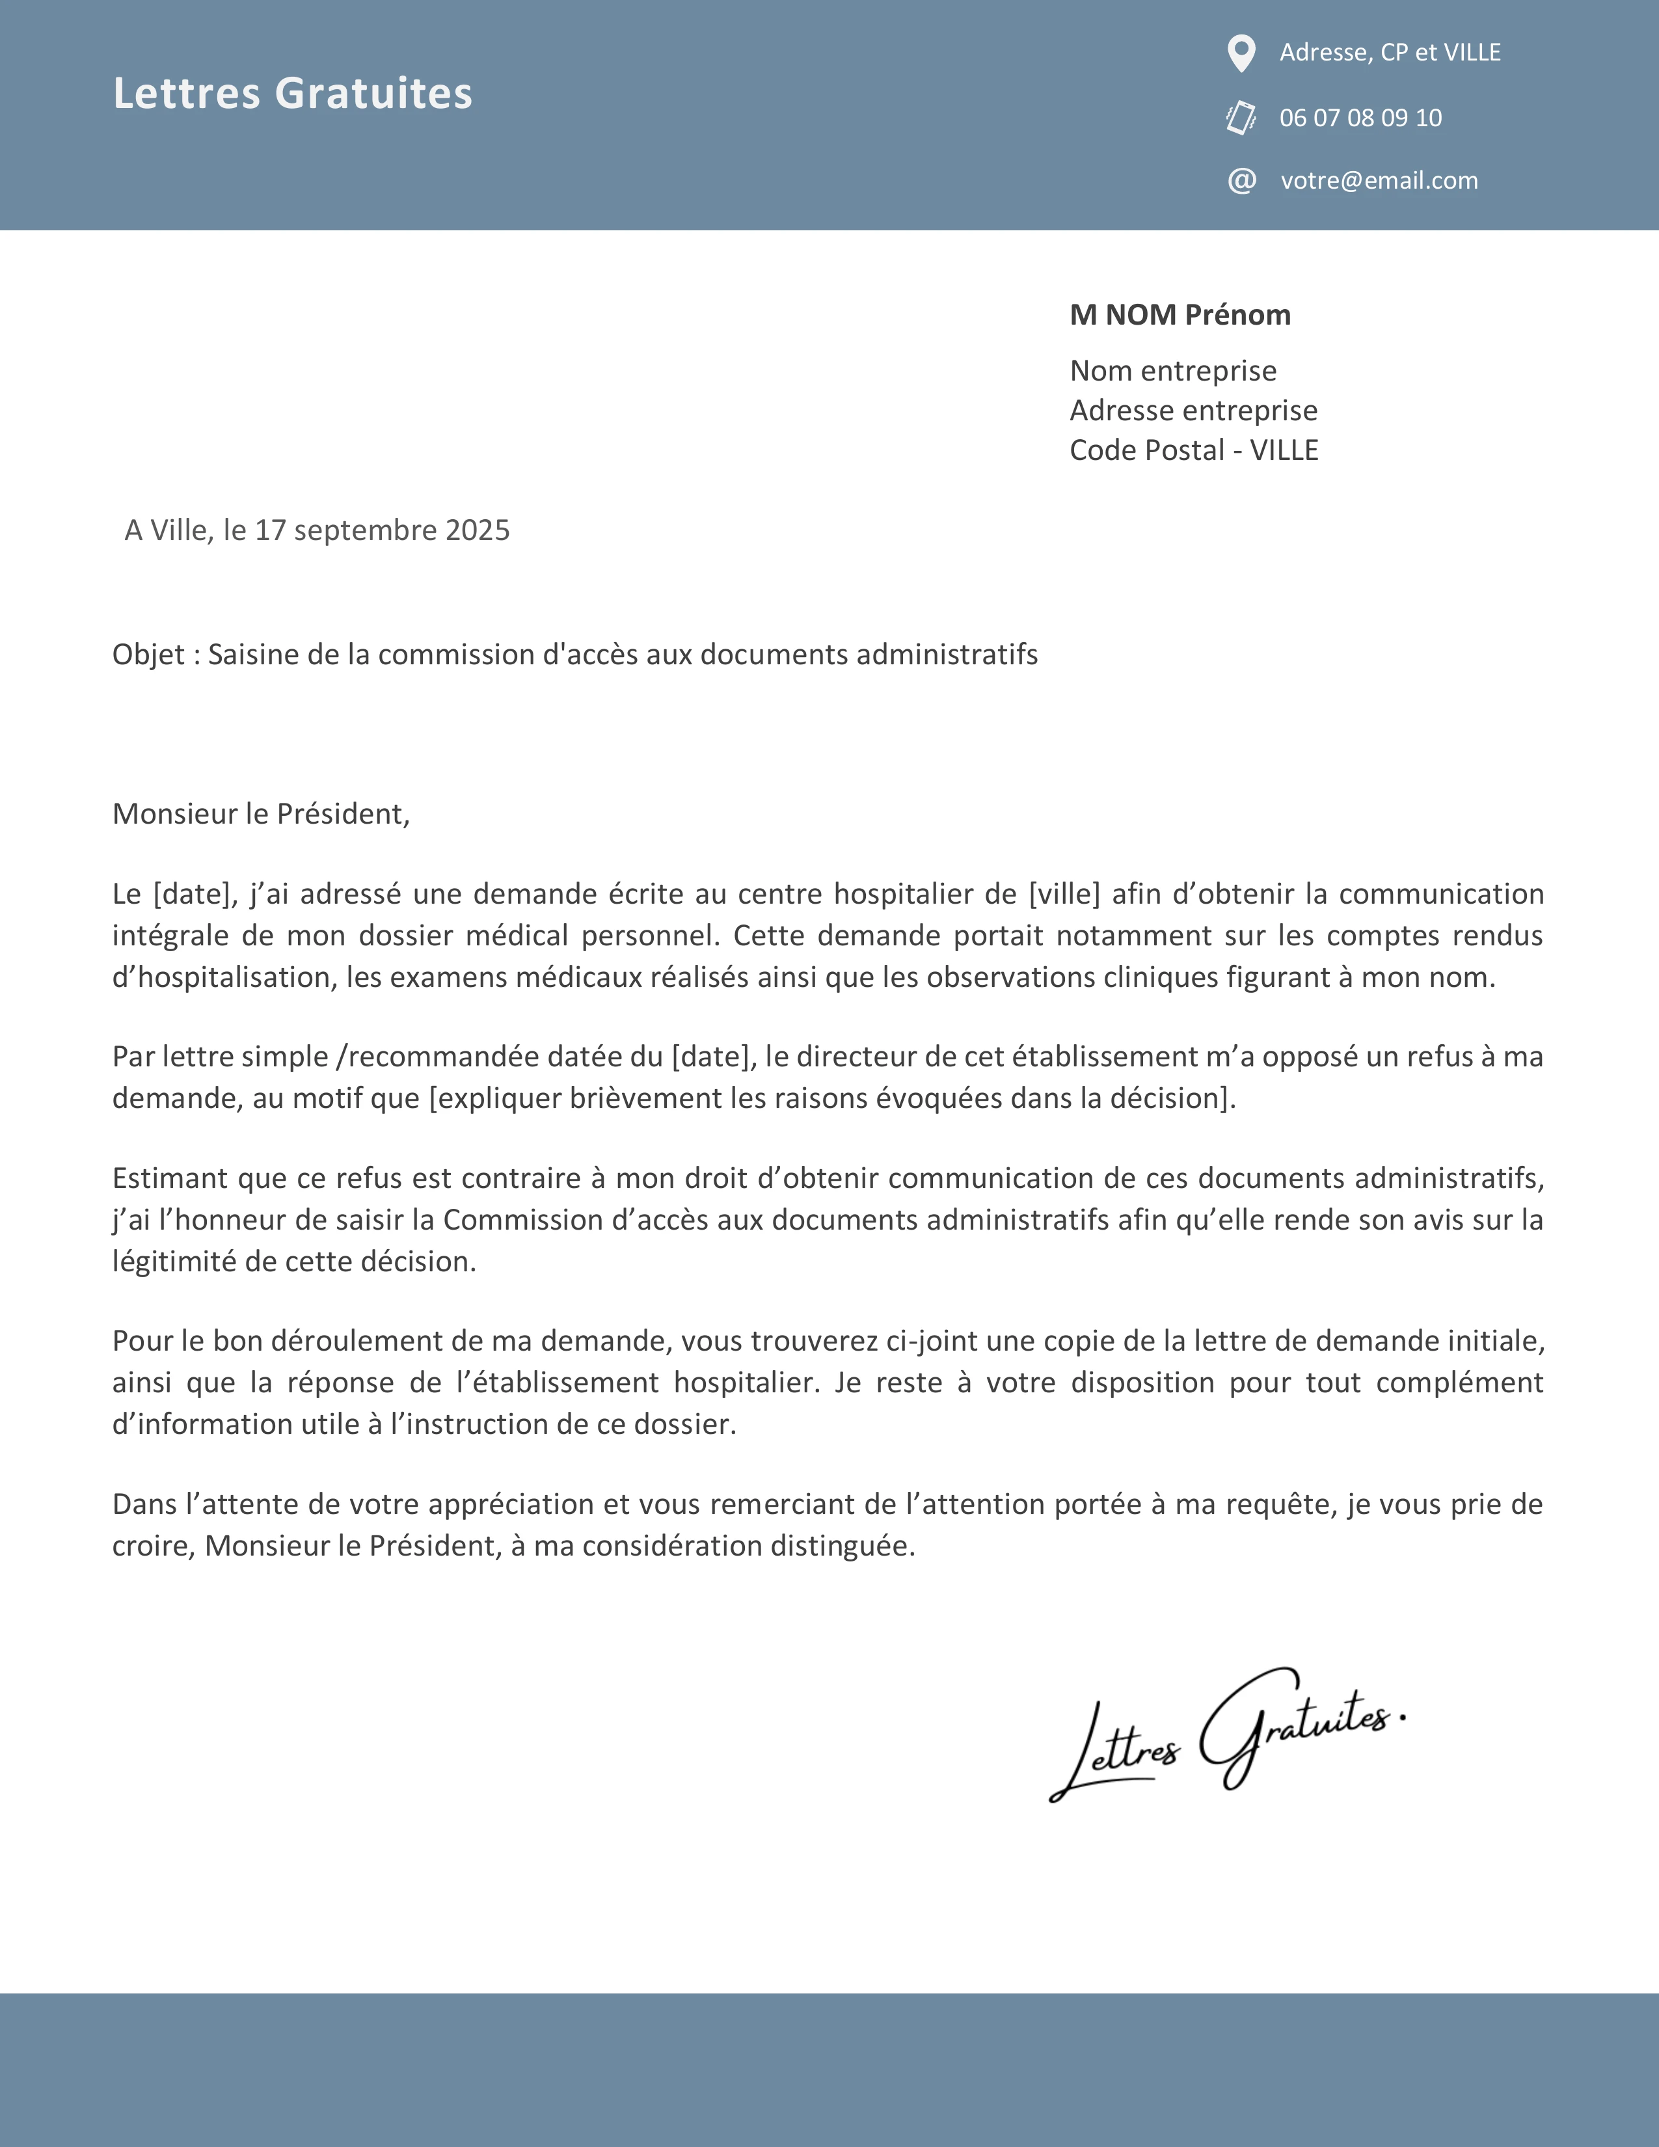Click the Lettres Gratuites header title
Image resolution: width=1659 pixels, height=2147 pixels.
point(292,94)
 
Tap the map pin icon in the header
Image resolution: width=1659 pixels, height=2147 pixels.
point(1241,53)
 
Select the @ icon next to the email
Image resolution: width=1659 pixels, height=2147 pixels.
point(1241,181)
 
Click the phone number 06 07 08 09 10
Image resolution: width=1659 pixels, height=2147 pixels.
point(1360,118)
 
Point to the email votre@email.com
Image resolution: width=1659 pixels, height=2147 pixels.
point(1379,181)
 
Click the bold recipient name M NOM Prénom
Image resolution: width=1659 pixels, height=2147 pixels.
point(1180,315)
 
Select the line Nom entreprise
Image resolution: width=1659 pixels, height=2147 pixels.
point(1172,371)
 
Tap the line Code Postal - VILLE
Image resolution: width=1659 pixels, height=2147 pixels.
point(1193,450)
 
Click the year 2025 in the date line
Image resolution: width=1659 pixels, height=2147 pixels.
point(477,531)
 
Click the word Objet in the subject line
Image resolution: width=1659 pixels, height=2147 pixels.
point(148,655)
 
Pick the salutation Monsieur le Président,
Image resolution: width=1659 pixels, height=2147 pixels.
point(260,814)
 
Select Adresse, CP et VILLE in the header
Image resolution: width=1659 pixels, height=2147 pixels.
point(1390,53)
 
